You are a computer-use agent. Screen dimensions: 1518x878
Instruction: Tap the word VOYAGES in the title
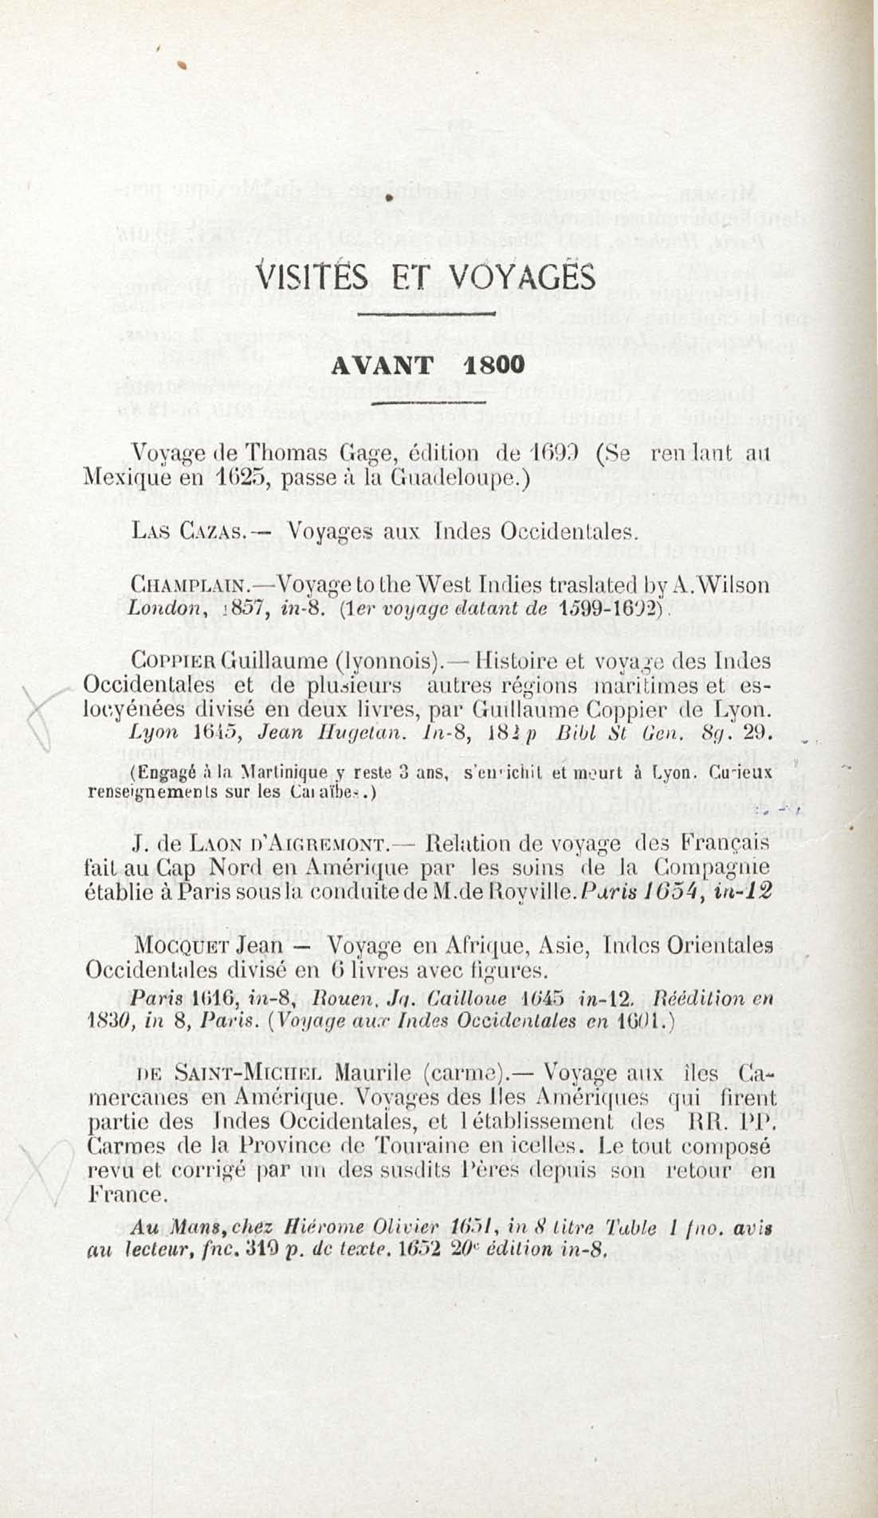pos(522,278)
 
